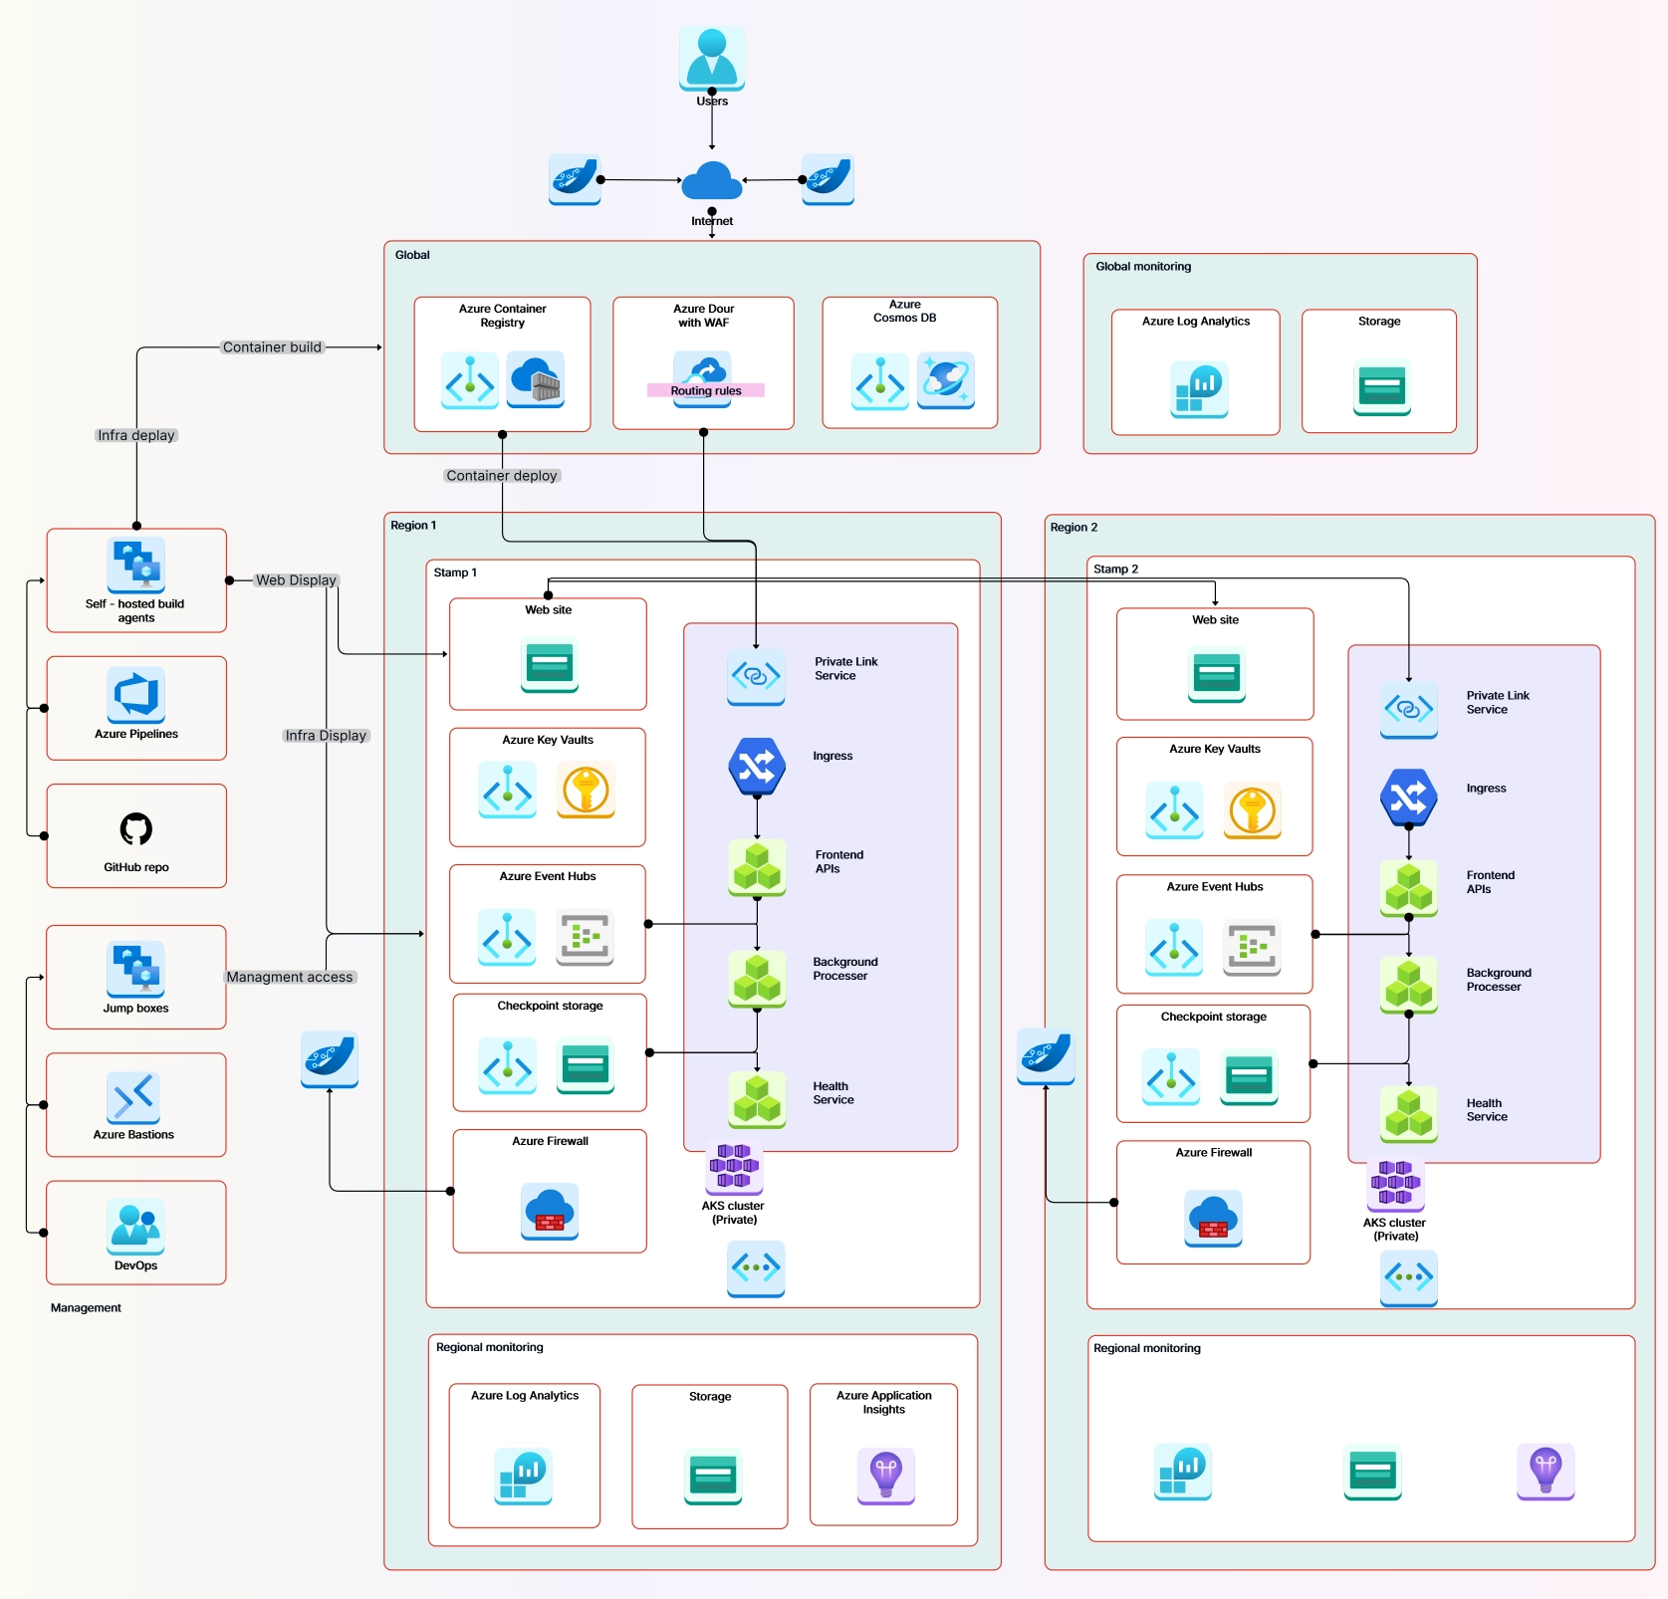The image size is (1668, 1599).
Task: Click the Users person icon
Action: [x=712, y=57]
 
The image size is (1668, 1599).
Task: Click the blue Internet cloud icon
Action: [x=712, y=180]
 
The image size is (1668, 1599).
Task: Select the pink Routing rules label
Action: [x=705, y=390]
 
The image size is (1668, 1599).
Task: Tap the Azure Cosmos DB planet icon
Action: [x=945, y=379]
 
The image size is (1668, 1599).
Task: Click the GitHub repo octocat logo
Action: [x=136, y=828]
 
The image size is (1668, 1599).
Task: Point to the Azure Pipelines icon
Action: [x=136, y=694]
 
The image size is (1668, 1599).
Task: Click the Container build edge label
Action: [x=272, y=347]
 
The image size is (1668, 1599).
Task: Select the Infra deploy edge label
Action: [x=136, y=435]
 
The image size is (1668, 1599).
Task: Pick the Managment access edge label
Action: [x=290, y=977]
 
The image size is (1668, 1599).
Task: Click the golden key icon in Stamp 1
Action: [x=586, y=791]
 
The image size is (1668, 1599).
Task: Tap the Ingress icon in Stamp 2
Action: [x=1408, y=797]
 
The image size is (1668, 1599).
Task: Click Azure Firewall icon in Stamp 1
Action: [x=550, y=1211]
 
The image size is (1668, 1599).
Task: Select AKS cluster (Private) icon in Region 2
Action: [x=1395, y=1184]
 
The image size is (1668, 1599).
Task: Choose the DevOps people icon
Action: [x=136, y=1226]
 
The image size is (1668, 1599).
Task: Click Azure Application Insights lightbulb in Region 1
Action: [x=885, y=1475]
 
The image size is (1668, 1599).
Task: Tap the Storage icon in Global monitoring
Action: [x=1381, y=386]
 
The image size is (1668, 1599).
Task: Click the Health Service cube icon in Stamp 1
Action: [x=757, y=1099]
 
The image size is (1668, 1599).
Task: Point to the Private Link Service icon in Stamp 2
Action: [x=1408, y=709]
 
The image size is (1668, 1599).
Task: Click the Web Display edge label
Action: [x=296, y=580]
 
